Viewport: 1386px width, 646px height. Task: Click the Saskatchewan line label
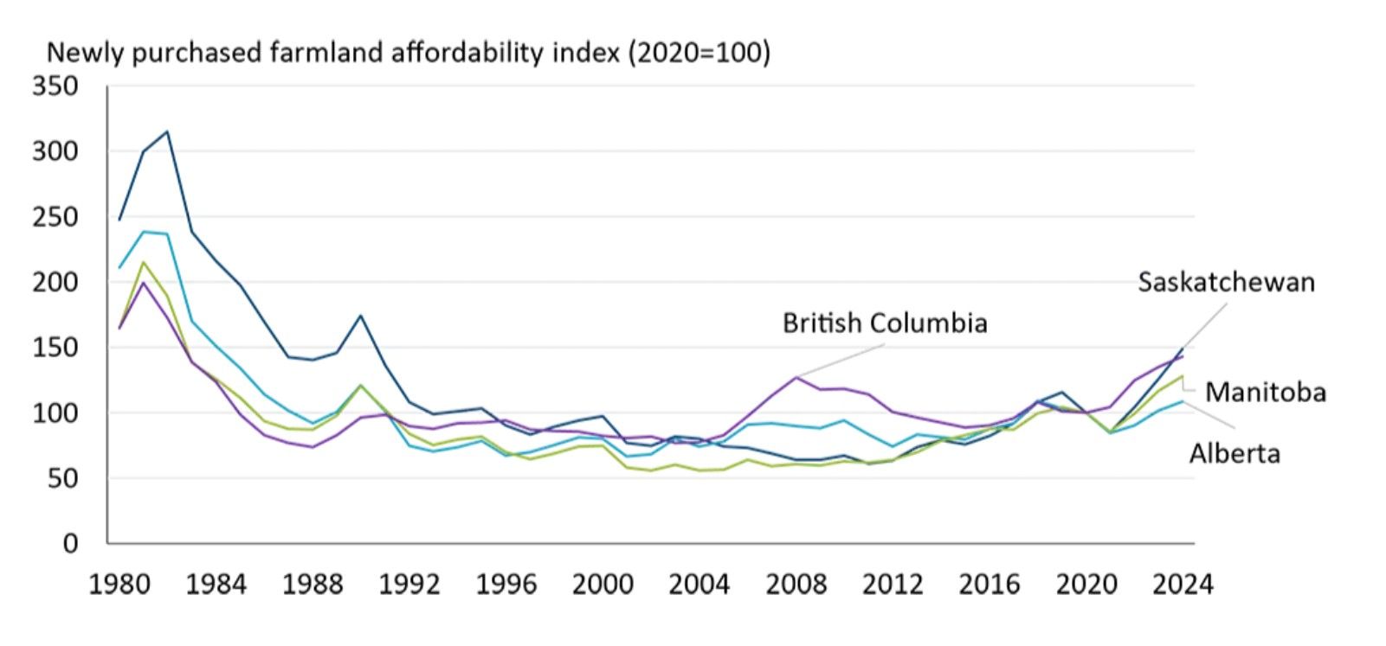pyautogui.click(x=1225, y=283)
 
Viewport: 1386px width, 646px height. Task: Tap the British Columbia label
pyautogui.click(x=884, y=323)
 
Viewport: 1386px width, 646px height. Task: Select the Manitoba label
pyautogui.click(x=1265, y=393)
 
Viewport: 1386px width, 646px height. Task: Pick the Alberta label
pyautogui.click(x=1234, y=453)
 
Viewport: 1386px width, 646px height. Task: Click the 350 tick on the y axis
pyautogui.click(x=55, y=86)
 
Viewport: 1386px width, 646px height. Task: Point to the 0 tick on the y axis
pyautogui.click(x=70, y=543)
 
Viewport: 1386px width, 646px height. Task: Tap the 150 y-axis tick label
pyautogui.click(x=55, y=348)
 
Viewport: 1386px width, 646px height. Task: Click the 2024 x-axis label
pyautogui.click(x=1183, y=585)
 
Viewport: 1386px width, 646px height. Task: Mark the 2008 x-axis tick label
pyautogui.click(x=796, y=585)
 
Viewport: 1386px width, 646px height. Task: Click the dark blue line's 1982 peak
pyautogui.click(x=167, y=132)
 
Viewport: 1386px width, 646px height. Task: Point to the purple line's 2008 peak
pyautogui.click(x=796, y=377)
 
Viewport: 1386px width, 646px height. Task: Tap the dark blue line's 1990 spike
pyautogui.click(x=360, y=316)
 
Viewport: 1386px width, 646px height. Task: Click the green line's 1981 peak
pyautogui.click(x=144, y=263)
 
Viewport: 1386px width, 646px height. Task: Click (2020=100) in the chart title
pyautogui.click(x=699, y=54)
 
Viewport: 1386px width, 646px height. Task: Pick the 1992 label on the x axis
pyautogui.click(x=409, y=585)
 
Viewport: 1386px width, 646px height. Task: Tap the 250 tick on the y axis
pyautogui.click(x=55, y=217)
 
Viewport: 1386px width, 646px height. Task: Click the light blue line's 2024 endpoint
pyautogui.click(x=1183, y=401)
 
